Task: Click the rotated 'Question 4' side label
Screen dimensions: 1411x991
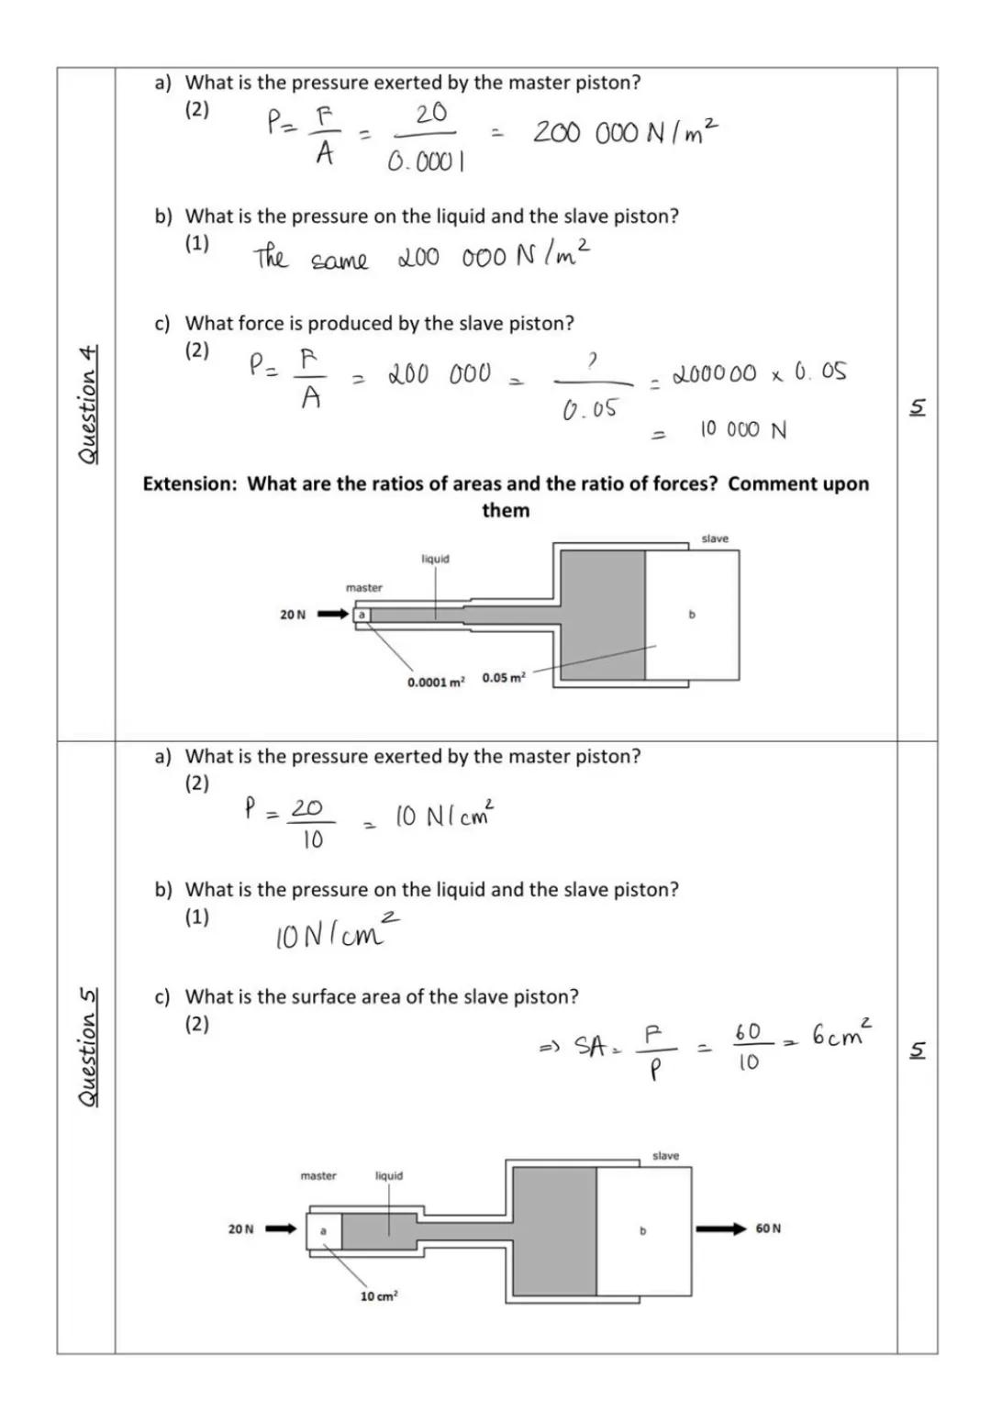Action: (87, 405)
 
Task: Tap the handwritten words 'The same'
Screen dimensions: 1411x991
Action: (310, 258)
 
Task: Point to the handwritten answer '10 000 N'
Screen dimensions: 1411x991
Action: (743, 430)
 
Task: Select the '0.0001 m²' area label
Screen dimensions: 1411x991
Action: (436, 682)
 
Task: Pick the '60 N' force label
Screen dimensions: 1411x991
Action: (768, 1228)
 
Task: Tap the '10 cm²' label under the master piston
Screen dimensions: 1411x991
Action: (378, 1296)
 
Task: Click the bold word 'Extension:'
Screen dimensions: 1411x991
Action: (190, 483)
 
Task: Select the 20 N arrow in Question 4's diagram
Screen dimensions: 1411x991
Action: (333, 614)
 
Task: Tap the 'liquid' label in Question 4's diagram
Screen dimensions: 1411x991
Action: (435, 559)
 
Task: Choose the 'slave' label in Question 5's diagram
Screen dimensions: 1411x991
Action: (665, 1156)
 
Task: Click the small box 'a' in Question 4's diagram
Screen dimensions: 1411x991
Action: (362, 614)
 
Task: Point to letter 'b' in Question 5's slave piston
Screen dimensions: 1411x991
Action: (642, 1230)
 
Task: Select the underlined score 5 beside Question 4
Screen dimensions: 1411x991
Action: (918, 407)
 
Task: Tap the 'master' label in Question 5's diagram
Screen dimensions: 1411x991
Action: (318, 1175)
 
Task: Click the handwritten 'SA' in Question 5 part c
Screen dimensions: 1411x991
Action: (590, 1046)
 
